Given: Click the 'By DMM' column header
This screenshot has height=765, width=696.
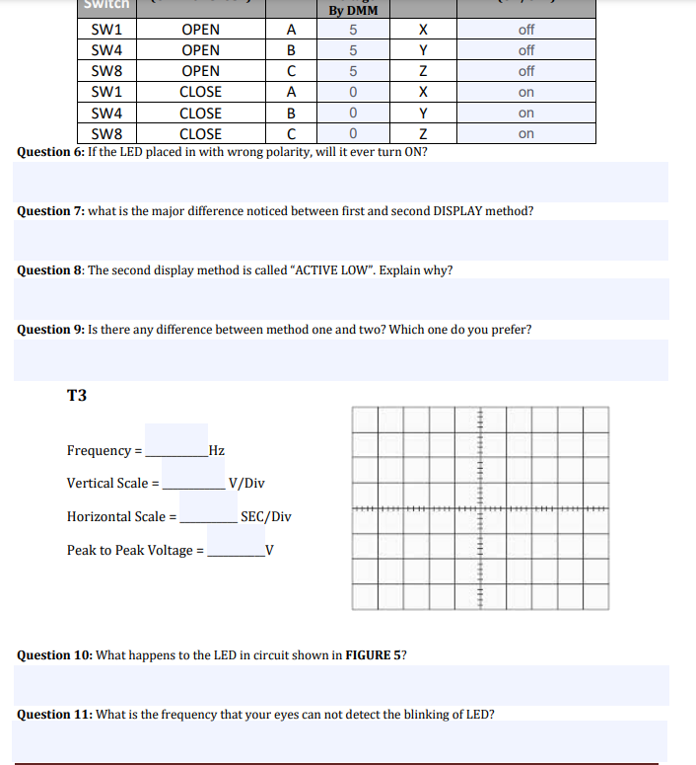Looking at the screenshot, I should coord(353,11).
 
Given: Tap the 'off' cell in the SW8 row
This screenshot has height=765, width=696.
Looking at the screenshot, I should coord(526,71).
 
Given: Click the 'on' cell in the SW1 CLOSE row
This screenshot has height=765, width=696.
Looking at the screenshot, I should coord(526,92).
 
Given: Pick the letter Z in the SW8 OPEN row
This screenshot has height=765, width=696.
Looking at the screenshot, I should coord(423,71).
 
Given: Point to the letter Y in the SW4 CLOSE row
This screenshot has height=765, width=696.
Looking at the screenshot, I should coord(423,114).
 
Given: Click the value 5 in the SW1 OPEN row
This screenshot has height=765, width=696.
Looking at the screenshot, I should coord(353,30).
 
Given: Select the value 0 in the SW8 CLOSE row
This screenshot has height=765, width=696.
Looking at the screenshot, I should coord(353,134).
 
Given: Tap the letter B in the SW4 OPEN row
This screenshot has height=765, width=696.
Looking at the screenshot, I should coord(290,50).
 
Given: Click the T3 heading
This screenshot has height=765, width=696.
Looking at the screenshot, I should coord(77,396).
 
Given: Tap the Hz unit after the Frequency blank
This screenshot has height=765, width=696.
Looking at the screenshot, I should coord(218,450).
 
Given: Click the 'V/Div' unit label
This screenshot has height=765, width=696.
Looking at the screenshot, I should coord(245,484).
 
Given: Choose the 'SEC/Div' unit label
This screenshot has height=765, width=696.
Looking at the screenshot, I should coord(266,517).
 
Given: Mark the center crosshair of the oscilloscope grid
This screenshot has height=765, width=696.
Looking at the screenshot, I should coord(483,509).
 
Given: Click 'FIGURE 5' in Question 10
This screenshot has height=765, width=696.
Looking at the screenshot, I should coord(374,655).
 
